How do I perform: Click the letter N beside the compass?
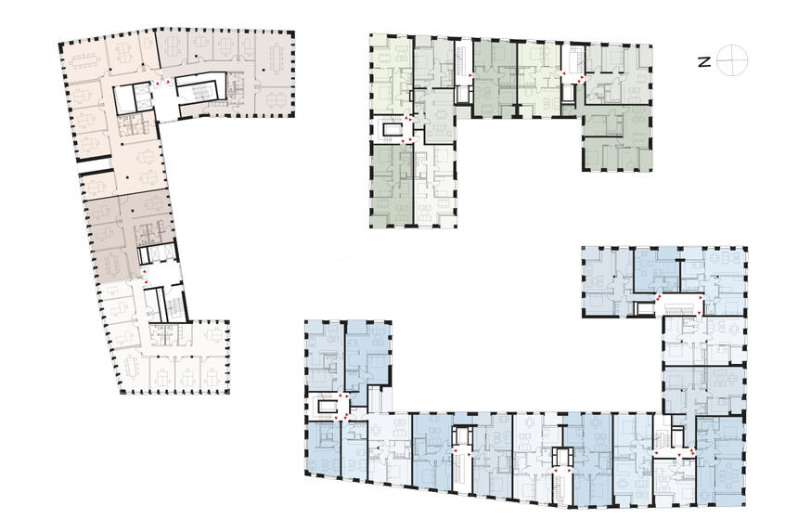tap(704, 62)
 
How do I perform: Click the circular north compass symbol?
tap(732, 60)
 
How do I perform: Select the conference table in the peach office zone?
tap(84, 60)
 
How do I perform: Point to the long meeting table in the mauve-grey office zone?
tap(277, 57)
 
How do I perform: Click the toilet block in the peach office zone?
tap(133, 125)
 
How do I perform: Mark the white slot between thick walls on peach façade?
tap(95, 165)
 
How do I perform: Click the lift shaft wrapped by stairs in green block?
tap(391, 130)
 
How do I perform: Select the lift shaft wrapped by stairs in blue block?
tap(326, 405)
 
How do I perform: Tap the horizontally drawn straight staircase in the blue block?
tap(680, 308)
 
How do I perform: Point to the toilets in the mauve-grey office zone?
tap(236, 90)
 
